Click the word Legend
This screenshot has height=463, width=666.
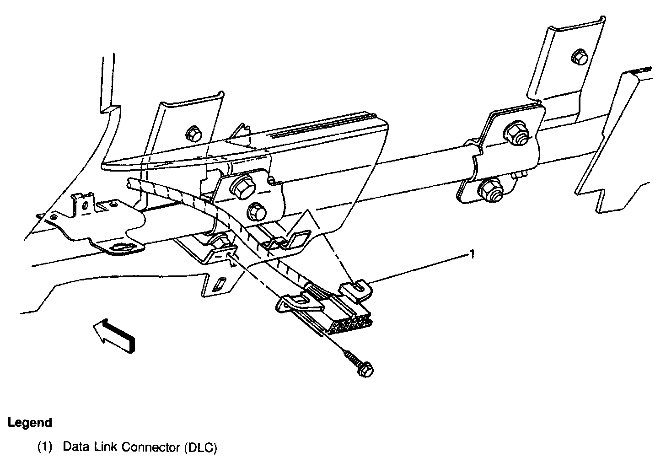(x=30, y=422)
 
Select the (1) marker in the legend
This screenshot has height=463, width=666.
(x=45, y=447)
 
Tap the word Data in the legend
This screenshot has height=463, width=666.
(x=75, y=447)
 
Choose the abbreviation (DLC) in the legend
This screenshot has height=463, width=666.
(x=200, y=447)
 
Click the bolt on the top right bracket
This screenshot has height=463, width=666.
(x=578, y=58)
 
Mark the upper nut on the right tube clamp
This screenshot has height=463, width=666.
(x=516, y=133)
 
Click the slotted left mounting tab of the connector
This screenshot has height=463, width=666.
(x=298, y=301)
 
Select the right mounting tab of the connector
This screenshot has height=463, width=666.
(x=355, y=290)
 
